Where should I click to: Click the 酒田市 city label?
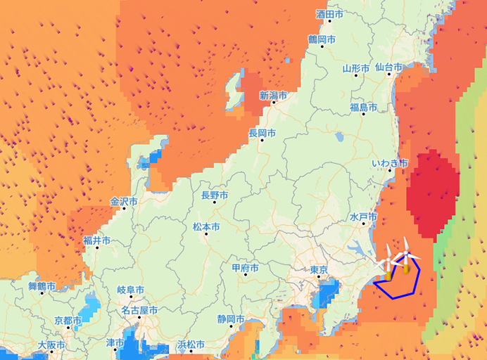pos(329,14)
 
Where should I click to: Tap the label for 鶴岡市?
pos(322,39)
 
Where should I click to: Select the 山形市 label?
pos(356,69)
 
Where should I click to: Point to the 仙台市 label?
pos(388,68)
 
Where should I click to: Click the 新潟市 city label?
pos(273,96)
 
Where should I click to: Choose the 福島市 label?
pos(364,108)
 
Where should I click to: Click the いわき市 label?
pos(390,163)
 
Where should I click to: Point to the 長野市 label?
pos(215,195)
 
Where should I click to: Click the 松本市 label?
pos(206,227)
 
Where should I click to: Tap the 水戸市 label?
pos(364,218)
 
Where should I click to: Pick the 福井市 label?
pos(96,240)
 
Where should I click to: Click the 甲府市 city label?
pos(245,268)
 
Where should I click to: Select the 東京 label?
pos(320,271)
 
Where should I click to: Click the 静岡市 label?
pos(231,320)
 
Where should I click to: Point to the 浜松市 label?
pos(191,345)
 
